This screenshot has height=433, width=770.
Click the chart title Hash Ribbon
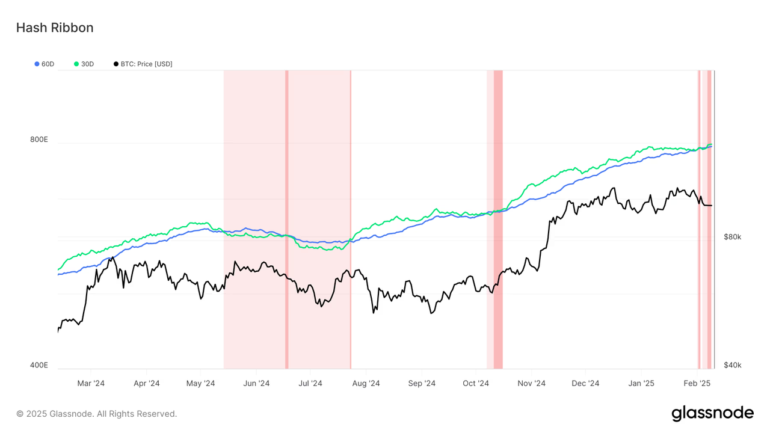54,28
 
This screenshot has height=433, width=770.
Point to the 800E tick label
39,140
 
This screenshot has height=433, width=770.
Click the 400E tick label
39,365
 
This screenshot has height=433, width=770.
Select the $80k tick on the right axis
732,237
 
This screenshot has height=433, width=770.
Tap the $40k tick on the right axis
732,365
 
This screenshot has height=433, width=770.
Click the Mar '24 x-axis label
91,383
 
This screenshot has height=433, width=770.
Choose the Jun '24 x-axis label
256,383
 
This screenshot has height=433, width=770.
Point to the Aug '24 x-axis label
366,383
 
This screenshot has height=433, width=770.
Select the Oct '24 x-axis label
476,383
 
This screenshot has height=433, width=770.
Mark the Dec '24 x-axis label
585,383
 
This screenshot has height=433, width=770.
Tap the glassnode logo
712,413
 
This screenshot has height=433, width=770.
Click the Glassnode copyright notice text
97,414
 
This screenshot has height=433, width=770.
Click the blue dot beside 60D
37,64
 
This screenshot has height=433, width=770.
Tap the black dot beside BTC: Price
115,64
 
